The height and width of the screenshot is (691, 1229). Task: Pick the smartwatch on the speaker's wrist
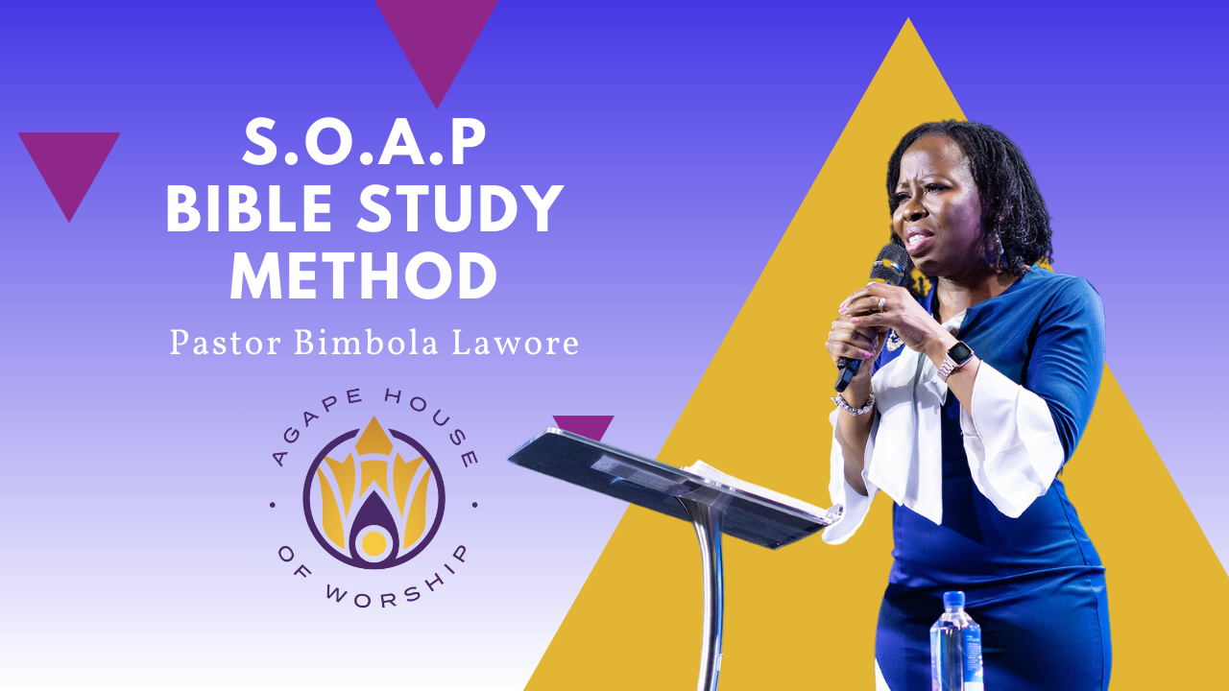pos(957,359)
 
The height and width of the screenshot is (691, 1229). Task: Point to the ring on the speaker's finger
pos(880,304)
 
